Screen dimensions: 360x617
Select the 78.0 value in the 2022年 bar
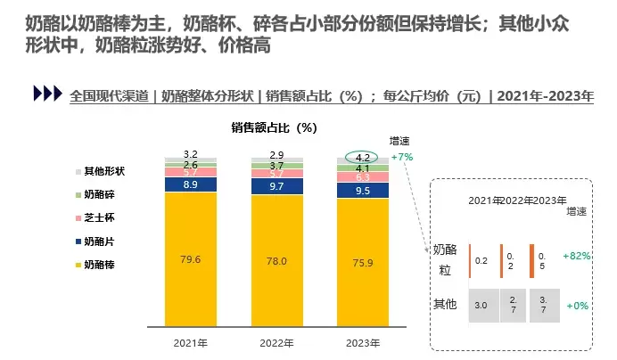[x=276, y=260]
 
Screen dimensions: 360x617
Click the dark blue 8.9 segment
[x=191, y=184]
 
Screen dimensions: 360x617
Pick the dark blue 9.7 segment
[x=276, y=186]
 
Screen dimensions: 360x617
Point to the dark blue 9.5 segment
[x=362, y=191]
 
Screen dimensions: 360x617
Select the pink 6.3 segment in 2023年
[x=362, y=177]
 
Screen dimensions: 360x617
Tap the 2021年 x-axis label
[x=191, y=342]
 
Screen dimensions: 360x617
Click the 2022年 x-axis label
[x=276, y=342]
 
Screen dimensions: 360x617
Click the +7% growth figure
[x=402, y=157]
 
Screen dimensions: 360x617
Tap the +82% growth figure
[x=576, y=255]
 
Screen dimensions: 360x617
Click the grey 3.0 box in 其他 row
[x=481, y=306]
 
